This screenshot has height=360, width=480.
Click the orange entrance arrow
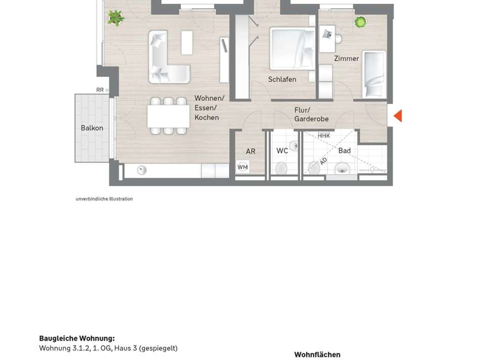pos(398,116)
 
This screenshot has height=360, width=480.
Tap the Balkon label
pos(92,128)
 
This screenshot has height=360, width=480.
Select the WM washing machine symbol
pos(243,167)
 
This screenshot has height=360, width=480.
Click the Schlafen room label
pos(282,79)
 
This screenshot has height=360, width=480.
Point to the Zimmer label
pos(347,59)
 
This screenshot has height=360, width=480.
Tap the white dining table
pos(168,116)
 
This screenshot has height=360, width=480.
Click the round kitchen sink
pos(142,170)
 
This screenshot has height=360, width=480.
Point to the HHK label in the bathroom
pos(324,136)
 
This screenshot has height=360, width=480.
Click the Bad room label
pos(345,151)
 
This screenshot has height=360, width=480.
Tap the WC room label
pos(282,151)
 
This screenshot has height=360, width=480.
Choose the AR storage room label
pos(251,151)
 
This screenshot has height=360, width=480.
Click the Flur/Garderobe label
pos(311,114)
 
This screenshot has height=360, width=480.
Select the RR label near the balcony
pos(100,90)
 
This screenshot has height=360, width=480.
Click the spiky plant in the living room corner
pos(116,19)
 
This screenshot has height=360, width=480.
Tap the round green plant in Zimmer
pos(360,22)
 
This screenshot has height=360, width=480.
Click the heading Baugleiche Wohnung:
pos(77,338)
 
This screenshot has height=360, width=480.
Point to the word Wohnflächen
pos(317,354)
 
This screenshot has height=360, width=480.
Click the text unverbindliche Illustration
pos(104,199)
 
